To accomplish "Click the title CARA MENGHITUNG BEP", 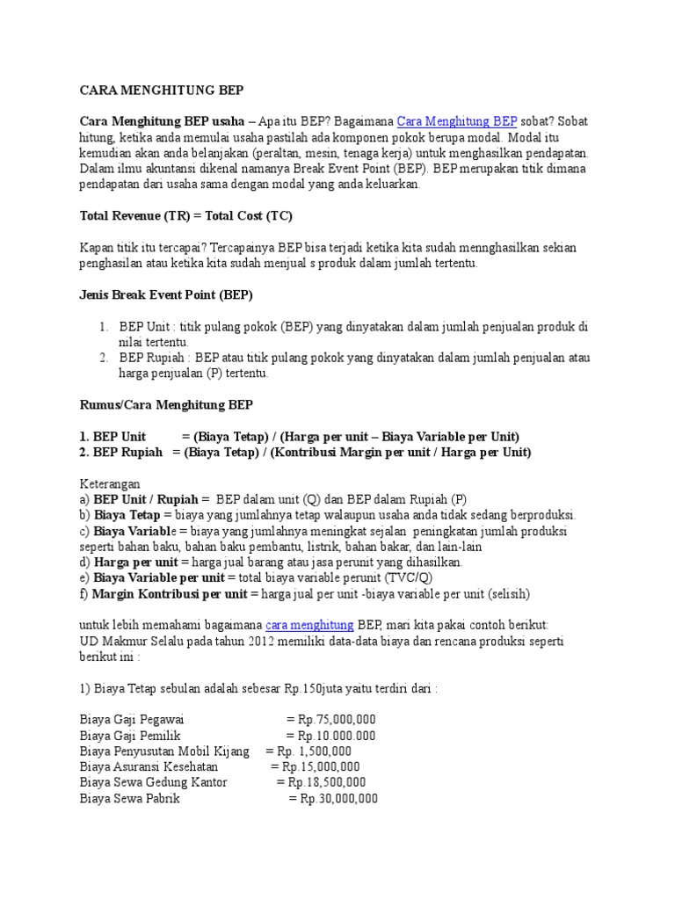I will [162, 91].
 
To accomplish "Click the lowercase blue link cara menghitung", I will [309, 625].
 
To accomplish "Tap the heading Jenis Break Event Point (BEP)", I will [166, 294].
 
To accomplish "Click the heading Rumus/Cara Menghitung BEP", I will [166, 405].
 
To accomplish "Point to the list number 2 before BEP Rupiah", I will [103, 358].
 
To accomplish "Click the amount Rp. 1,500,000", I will [314, 751].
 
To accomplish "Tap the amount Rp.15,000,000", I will [315, 767].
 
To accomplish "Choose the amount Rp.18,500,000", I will [321, 783].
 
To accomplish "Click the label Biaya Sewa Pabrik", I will [129, 799].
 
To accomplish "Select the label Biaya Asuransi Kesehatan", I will [149, 767].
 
